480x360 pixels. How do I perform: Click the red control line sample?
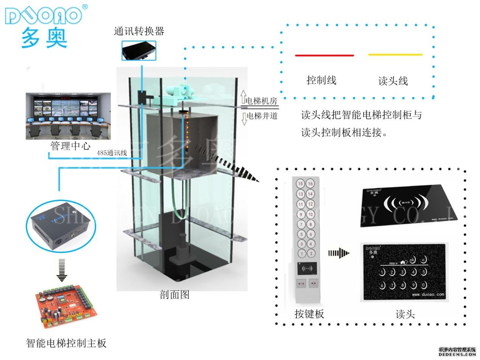(324, 56)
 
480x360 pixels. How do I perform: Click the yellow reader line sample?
(395, 55)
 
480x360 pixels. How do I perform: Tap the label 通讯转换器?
(139, 31)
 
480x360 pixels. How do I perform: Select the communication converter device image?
(139, 50)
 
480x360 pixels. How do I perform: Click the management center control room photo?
(68, 115)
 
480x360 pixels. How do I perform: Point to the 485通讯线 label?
(112, 153)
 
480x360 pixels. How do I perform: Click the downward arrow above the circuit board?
(61, 270)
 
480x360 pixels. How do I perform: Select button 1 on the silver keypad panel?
(301, 254)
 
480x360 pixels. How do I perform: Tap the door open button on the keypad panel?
(314, 283)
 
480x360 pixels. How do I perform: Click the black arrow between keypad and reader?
(339, 252)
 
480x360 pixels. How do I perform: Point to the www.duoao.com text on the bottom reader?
(428, 294)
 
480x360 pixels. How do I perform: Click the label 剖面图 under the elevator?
(174, 295)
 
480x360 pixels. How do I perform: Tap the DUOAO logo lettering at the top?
(43, 16)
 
